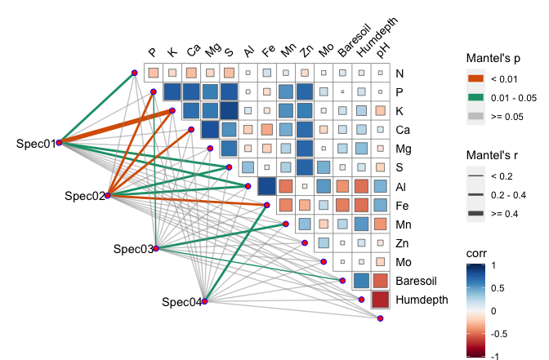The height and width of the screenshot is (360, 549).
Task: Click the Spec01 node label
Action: coord(35,144)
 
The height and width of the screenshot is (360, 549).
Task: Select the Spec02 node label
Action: coord(85,196)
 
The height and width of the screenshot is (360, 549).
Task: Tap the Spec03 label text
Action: coord(133,249)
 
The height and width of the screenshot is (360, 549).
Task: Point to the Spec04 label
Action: coord(181,302)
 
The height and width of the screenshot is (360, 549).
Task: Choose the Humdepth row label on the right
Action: coord(422,300)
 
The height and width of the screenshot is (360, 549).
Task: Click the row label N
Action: coord(399,73)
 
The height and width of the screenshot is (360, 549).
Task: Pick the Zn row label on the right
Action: coord(402,243)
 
